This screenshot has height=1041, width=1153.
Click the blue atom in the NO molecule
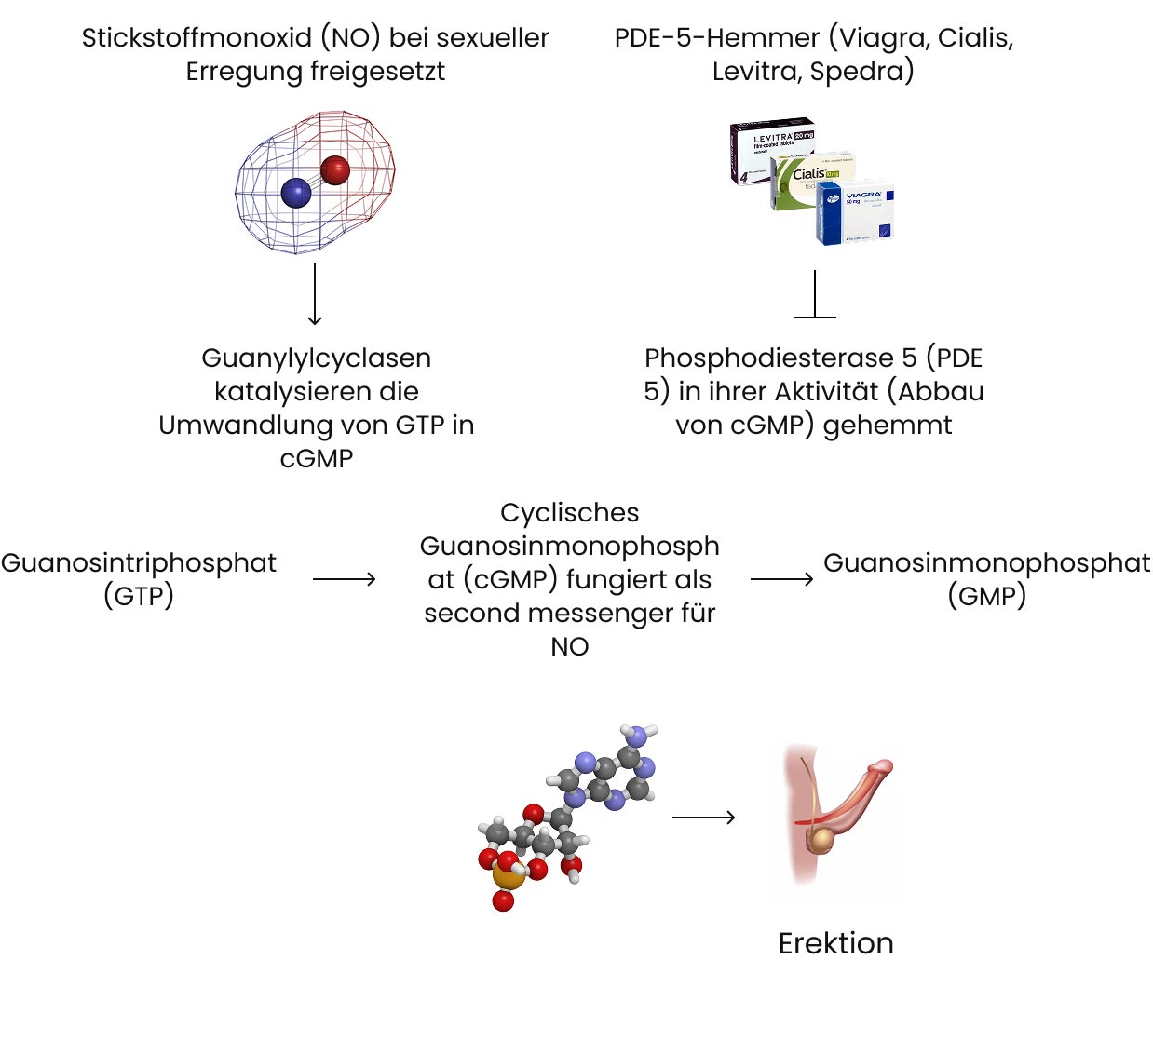pyautogui.click(x=295, y=193)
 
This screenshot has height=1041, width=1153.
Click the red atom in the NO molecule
pyautogui.click(x=334, y=170)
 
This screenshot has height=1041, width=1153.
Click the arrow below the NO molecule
pyautogui.click(x=315, y=294)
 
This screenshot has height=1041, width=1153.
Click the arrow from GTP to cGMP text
pyautogui.click(x=344, y=579)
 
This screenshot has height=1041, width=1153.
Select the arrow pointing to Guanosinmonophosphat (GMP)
pyautogui.click(x=781, y=579)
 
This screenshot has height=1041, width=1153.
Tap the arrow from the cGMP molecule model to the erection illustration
pyautogui.click(x=703, y=818)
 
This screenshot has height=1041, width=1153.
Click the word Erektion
pyautogui.click(x=835, y=943)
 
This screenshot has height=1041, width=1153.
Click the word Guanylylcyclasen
pyautogui.click(x=316, y=358)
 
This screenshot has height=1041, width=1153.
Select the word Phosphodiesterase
pyautogui.click(x=769, y=358)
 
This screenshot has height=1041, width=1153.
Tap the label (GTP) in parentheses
pyautogui.click(x=139, y=596)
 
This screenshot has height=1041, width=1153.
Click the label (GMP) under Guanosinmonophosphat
pyautogui.click(x=986, y=596)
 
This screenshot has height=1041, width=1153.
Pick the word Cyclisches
pyautogui.click(x=570, y=513)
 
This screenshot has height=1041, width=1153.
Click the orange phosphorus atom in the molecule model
pyautogui.click(x=507, y=876)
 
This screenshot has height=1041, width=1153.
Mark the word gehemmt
pyautogui.click(x=888, y=426)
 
